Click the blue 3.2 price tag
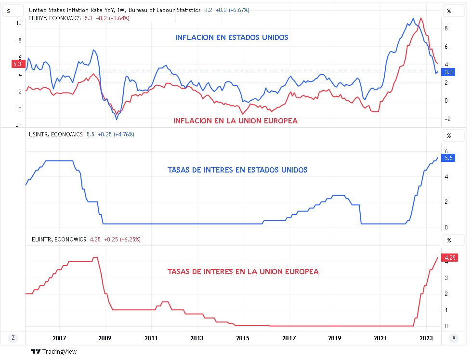[448, 72]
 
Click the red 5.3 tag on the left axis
[17, 64]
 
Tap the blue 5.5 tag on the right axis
[448, 158]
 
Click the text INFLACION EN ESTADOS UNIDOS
[232, 37]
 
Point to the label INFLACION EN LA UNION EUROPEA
[235, 121]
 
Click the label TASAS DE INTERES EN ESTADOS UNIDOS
[237, 170]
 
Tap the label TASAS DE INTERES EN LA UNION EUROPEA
[243, 272]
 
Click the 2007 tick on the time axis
[59, 338]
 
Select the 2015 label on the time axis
[243, 338]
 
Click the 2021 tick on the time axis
[380, 338]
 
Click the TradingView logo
[54, 352]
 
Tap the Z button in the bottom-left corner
[13, 338]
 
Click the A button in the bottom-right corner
[454, 338]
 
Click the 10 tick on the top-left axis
[19, 23]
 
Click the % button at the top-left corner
[8, 11]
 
